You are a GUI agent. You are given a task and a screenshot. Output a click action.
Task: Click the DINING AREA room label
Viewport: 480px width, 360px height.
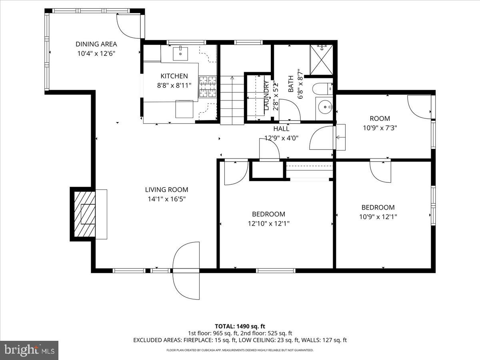tap(96, 44)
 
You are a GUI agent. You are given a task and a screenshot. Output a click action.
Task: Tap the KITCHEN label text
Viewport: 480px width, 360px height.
tap(174, 76)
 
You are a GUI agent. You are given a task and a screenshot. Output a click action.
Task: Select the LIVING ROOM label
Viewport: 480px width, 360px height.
tap(166, 190)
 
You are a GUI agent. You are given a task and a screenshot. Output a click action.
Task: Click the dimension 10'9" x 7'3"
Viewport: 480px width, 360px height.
tap(380, 128)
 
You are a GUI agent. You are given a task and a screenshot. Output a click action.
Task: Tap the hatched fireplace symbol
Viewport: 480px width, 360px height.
tap(84, 214)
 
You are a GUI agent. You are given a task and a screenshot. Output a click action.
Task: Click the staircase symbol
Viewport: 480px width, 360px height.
tap(232, 100)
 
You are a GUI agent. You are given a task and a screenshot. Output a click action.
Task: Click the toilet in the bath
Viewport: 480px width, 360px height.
tap(323, 88)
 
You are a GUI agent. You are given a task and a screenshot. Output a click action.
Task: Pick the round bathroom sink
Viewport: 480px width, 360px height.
tap(324, 107)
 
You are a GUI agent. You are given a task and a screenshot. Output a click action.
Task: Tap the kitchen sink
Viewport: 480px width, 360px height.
tap(180, 52)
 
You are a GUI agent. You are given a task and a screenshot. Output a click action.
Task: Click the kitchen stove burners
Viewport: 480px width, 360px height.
tap(208, 87)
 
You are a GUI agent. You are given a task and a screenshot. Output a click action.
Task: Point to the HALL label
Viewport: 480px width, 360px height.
tap(281, 129)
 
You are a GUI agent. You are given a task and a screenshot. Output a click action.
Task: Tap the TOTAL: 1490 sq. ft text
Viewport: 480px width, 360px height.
tap(240, 326)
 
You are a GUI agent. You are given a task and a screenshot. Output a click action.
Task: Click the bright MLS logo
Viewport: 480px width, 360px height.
tap(29, 350)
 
